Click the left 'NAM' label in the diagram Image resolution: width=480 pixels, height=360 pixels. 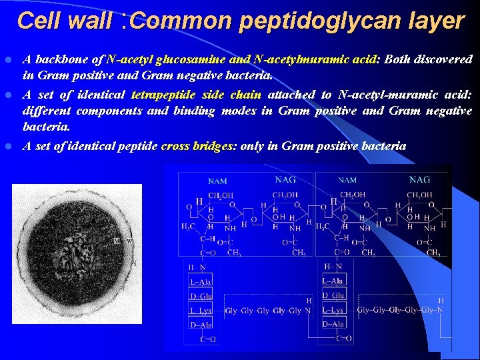217,181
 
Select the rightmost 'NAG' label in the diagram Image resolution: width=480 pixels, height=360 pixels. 419,179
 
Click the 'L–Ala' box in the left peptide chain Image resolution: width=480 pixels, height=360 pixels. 201,282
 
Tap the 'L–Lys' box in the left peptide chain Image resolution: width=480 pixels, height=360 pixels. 201,310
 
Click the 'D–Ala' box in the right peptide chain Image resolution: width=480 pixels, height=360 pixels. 333,324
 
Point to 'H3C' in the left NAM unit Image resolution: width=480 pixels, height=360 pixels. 189,227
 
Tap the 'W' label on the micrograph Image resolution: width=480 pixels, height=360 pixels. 130,240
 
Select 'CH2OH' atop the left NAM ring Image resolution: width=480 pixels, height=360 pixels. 221,195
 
